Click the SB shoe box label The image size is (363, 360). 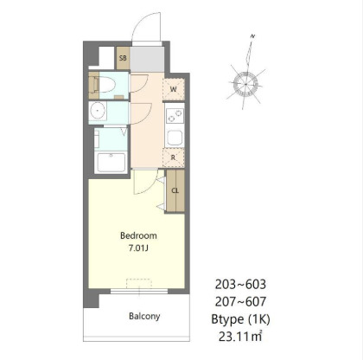[x=123, y=58]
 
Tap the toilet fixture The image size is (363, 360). [x=105, y=85]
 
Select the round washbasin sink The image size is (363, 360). [x=97, y=111]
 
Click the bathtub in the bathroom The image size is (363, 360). [x=111, y=163]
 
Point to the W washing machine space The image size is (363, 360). [x=174, y=89]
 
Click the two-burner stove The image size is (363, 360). [x=175, y=116]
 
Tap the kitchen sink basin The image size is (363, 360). [x=175, y=138]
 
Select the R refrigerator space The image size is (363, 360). [x=173, y=157]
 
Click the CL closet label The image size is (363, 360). [x=175, y=190]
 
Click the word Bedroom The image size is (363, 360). [x=138, y=235]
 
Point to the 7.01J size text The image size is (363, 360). [x=138, y=248]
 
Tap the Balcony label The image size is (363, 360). [x=144, y=316]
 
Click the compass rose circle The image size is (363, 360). [x=245, y=84]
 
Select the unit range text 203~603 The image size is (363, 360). [x=240, y=285]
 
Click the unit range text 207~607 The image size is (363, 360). [x=240, y=302]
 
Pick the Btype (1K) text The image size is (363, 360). [x=240, y=319]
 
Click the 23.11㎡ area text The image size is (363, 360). [x=240, y=337]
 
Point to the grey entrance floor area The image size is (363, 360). [x=147, y=59]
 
